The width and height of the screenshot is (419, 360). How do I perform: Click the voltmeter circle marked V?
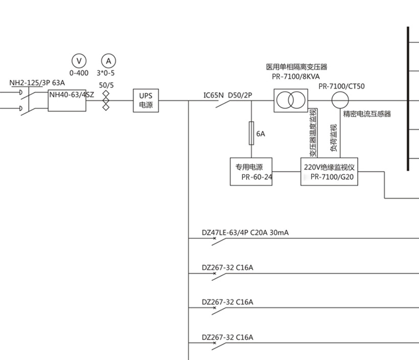click(79, 61)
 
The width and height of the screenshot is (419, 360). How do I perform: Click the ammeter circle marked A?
click(108, 61)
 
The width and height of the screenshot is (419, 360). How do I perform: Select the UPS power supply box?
click(146, 100)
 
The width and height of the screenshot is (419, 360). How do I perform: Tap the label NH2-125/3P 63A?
click(37, 83)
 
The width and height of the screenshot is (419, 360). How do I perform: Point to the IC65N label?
click(214, 95)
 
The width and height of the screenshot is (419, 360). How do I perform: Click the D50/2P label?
click(240, 95)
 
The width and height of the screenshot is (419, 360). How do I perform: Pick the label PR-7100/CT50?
click(341, 86)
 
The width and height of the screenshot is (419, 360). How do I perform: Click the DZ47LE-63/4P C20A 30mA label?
click(245, 233)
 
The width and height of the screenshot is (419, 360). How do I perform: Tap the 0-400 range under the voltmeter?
click(79, 73)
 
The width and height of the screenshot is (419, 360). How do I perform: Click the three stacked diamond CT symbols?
click(106, 100)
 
